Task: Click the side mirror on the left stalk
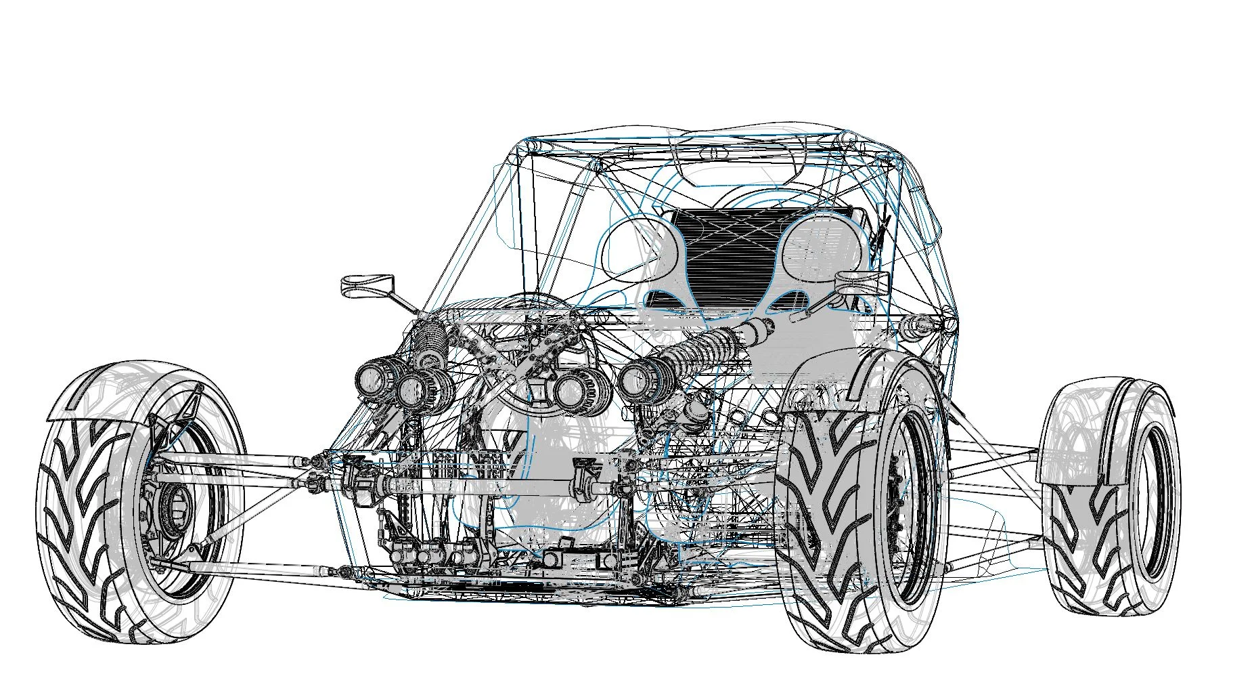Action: click(x=365, y=282)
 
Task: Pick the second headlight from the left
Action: click(x=414, y=391)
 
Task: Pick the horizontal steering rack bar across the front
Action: click(x=474, y=484)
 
